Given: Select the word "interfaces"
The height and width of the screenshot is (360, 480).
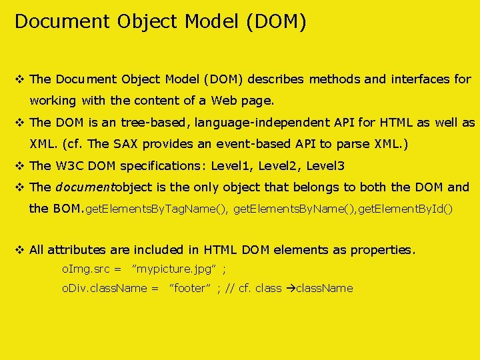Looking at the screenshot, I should (x=421, y=79).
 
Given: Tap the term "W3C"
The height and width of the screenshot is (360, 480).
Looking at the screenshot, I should (x=69, y=166).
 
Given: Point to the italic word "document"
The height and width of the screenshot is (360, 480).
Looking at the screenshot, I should (x=85, y=187).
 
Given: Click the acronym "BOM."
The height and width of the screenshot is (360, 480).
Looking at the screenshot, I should (x=69, y=209).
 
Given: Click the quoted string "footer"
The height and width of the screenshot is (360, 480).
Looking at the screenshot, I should (x=191, y=288).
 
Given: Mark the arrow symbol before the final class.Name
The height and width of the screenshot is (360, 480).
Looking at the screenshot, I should (x=289, y=288).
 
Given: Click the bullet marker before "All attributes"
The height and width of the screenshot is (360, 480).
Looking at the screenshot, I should (x=19, y=250).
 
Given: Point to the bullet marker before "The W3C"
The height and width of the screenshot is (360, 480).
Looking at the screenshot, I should (x=19, y=166).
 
